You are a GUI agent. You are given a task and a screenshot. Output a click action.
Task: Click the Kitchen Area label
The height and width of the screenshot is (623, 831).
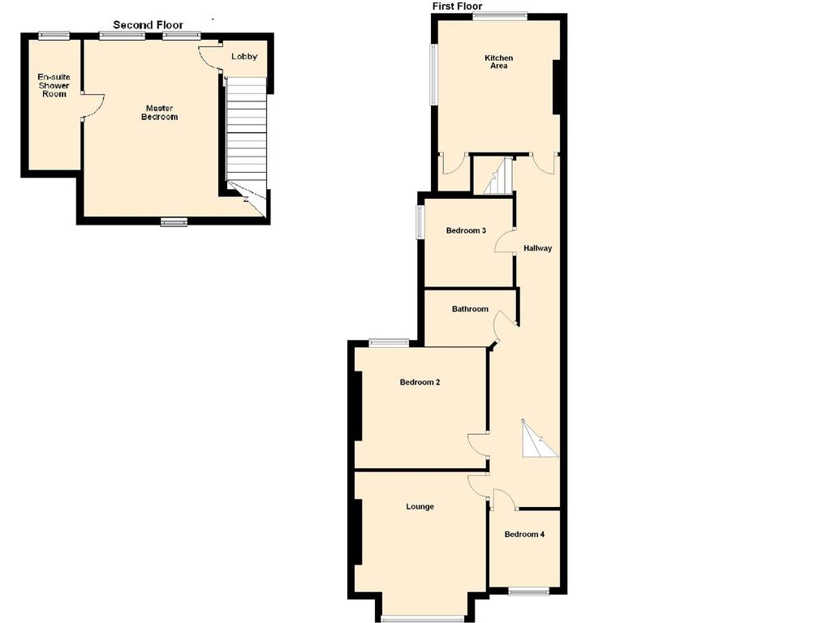pyautogui.click(x=499, y=62)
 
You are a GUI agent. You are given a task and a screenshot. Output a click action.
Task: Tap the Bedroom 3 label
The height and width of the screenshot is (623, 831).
pyautogui.click(x=466, y=230)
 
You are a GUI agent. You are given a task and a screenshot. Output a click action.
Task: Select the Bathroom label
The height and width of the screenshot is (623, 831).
pyautogui.click(x=470, y=309)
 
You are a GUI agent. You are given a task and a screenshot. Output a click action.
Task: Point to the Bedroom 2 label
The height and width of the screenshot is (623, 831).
pyautogui.click(x=420, y=382)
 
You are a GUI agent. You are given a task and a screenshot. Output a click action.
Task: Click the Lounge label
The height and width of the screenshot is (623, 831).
pyautogui.click(x=420, y=507)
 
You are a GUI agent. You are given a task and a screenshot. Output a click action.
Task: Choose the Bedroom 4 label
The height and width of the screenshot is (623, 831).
pyautogui.click(x=524, y=534)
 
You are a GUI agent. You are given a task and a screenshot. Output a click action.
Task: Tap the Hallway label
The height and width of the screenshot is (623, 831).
pyautogui.click(x=537, y=248)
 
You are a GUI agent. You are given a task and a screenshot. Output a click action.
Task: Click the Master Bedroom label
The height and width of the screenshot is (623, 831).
pyautogui.click(x=159, y=112)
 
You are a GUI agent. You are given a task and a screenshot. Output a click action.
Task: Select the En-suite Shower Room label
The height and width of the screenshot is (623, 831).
pyautogui.click(x=54, y=85)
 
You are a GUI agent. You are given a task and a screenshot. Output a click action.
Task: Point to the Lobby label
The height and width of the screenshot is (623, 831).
pyautogui.click(x=244, y=56)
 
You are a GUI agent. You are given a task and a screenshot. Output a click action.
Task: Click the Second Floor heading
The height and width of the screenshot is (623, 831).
pyautogui.click(x=148, y=25)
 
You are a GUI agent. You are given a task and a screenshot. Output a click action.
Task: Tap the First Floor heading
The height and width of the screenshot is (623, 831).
pyautogui.click(x=458, y=6)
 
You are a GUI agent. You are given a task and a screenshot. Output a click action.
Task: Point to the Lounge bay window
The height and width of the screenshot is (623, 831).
pyautogui.click(x=422, y=617)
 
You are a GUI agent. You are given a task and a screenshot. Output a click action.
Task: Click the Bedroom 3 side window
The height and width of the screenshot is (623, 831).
pyautogui.click(x=419, y=222)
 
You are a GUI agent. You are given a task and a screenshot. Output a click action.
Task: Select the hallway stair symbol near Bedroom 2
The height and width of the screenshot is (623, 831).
pyautogui.click(x=539, y=439)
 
